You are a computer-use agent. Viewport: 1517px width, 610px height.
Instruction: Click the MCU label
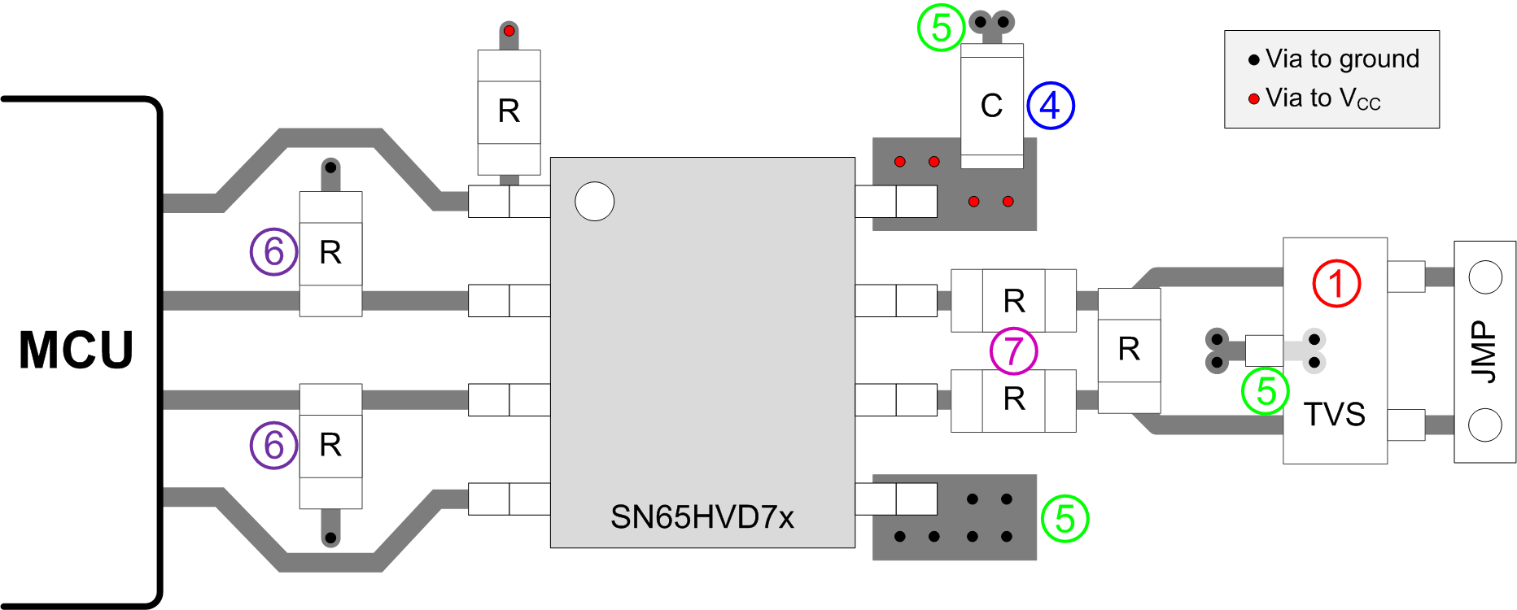click(x=76, y=351)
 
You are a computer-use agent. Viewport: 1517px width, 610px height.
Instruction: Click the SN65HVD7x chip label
click(x=702, y=517)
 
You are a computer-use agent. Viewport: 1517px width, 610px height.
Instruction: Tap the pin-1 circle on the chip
click(x=594, y=201)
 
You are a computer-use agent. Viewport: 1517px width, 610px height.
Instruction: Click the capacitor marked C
click(x=991, y=106)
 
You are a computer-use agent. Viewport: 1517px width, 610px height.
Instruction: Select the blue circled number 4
click(x=1050, y=106)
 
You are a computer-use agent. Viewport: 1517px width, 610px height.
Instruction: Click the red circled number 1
click(x=1336, y=283)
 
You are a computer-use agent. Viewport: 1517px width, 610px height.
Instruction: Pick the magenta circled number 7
click(x=1013, y=351)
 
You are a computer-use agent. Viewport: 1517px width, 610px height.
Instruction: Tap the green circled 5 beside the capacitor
click(x=941, y=28)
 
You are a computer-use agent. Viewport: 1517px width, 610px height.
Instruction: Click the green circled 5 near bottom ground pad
click(x=1065, y=519)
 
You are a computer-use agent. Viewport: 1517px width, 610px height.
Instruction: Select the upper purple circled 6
click(x=273, y=251)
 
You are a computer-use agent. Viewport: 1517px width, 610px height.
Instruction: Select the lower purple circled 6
click(x=273, y=445)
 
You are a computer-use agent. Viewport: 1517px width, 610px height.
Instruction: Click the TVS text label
click(x=1334, y=414)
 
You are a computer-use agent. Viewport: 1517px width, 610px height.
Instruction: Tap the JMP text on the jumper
click(x=1484, y=351)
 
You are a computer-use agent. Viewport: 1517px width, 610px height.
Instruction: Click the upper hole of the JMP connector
click(x=1484, y=277)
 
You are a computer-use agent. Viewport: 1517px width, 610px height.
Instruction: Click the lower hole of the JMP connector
click(x=1484, y=425)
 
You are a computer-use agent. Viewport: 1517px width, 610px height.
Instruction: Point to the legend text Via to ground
click(x=1342, y=59)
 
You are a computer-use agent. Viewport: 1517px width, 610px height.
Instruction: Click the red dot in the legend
click(x=1253, y=99)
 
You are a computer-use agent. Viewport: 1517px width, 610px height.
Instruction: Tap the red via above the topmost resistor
click(x=509, y=31)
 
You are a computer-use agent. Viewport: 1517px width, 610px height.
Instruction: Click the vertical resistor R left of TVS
click(x=1129, y=350)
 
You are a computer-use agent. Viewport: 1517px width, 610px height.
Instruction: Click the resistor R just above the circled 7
click(x=1013, y=301)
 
